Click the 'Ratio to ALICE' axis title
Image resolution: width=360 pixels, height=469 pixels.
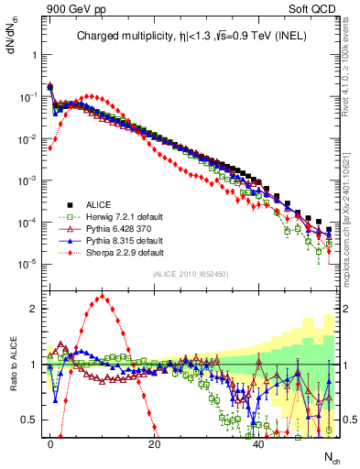pyautogui.click(x=13, y=365)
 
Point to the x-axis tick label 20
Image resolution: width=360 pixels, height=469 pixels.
pyautogui.click(x=155, y=444)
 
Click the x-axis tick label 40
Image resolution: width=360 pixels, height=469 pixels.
pyautogui.click(x=259, y=444)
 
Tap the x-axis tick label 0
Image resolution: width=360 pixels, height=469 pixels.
pyautogui.click(x=50, y=444)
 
